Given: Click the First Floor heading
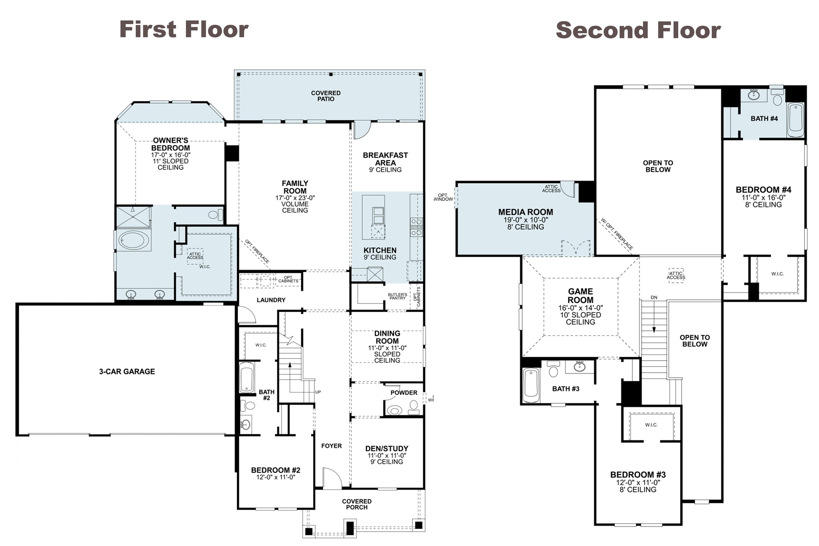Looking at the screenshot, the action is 184,29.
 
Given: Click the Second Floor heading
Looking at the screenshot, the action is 638,30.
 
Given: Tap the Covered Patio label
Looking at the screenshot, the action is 326,96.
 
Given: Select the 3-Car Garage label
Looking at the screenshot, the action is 127,371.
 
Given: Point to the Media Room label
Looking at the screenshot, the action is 526,212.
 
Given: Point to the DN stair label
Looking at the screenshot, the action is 654,298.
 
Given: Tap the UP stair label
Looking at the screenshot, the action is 318,392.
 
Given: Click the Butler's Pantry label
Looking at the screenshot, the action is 397,296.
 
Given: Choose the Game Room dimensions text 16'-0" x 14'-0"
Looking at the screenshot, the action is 581,308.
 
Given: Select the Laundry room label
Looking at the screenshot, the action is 271,300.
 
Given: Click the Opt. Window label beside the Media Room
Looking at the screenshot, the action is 443,197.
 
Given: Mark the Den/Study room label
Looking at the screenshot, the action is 387,449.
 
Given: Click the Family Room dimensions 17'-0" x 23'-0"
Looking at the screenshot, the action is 295,198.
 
